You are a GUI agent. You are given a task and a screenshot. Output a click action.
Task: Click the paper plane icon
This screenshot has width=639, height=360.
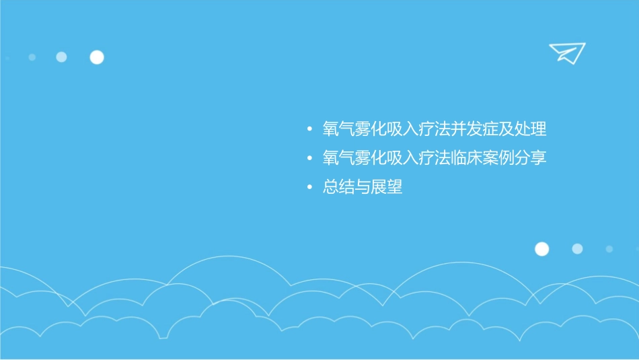tap(566, 52)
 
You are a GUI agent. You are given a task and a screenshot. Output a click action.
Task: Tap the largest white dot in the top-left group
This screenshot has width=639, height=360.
tap(97, 57)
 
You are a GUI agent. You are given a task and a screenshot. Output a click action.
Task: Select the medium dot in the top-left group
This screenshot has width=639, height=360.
tap(61, 57)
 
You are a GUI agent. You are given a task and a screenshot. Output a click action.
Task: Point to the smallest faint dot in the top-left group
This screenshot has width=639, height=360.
tap(32, 57)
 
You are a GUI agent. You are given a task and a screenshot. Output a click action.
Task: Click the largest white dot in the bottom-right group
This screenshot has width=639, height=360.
tap(541, 249)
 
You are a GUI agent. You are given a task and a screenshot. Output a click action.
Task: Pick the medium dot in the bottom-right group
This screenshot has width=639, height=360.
tap(577, 249)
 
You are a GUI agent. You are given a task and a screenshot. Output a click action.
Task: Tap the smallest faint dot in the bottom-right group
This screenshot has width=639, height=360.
tap(609, 249)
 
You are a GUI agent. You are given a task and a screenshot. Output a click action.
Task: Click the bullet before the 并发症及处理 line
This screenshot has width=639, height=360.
tap(309, 129)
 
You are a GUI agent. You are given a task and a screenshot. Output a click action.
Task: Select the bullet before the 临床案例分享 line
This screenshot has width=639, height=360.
tap(309, 159)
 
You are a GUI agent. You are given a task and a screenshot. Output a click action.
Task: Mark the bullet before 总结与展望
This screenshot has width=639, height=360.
tap(309, 188)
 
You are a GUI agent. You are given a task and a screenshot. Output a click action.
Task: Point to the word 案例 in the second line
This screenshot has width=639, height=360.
tap(498, 158)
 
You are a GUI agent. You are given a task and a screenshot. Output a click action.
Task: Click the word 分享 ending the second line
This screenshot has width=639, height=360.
tap(531, 158)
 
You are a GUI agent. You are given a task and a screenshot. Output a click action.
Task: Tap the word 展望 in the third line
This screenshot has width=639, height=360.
tap(387, 187)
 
